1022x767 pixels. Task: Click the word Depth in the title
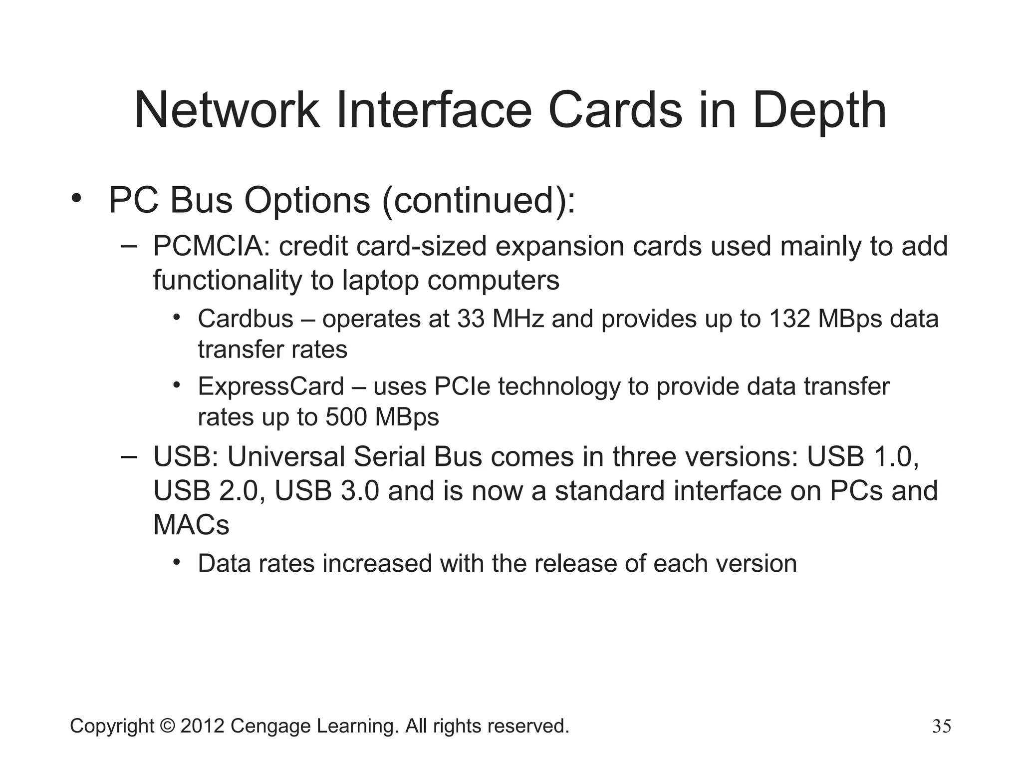point(819,111)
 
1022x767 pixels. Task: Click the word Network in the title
point(227,111)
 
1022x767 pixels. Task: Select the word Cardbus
point(246,319)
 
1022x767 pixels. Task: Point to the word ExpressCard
point(271,386)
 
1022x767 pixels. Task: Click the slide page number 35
point(942,726)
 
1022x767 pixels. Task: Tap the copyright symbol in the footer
point(168,726)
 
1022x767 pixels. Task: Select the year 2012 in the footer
point(202,726)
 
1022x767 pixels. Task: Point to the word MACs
point(191,525)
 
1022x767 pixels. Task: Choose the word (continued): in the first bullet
point(479,201)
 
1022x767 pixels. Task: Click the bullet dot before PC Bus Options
point(76,198)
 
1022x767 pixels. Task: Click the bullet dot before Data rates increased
point(177,562)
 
